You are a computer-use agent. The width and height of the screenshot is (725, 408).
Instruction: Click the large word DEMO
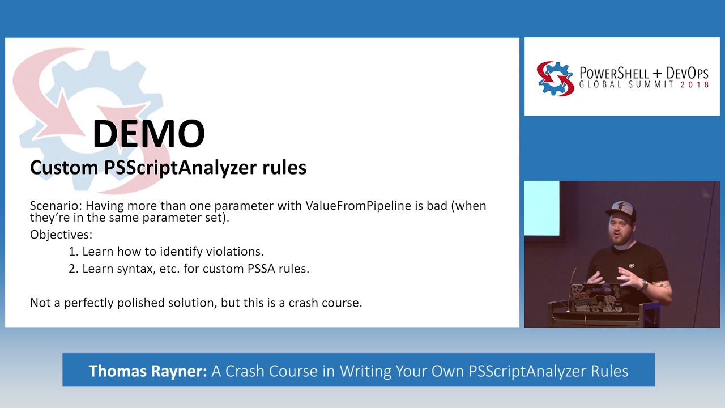click(148, 134)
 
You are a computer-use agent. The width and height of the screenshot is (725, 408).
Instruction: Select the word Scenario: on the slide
click(56, 205)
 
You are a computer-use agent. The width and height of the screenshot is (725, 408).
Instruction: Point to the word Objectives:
click(61, 234)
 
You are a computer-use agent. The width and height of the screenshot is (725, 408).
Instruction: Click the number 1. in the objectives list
click(73, 251)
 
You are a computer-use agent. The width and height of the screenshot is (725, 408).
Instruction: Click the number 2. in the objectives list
click(73, 269)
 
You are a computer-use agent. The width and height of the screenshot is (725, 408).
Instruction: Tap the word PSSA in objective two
click(261, 269)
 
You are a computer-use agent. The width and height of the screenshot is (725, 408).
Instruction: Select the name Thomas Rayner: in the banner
click(148, 371)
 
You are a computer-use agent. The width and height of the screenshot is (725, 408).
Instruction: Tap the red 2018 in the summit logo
click(695, 84)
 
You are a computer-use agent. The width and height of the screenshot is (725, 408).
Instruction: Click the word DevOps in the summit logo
click(687, 73)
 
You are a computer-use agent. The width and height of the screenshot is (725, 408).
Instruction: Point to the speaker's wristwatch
click(644, 283)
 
